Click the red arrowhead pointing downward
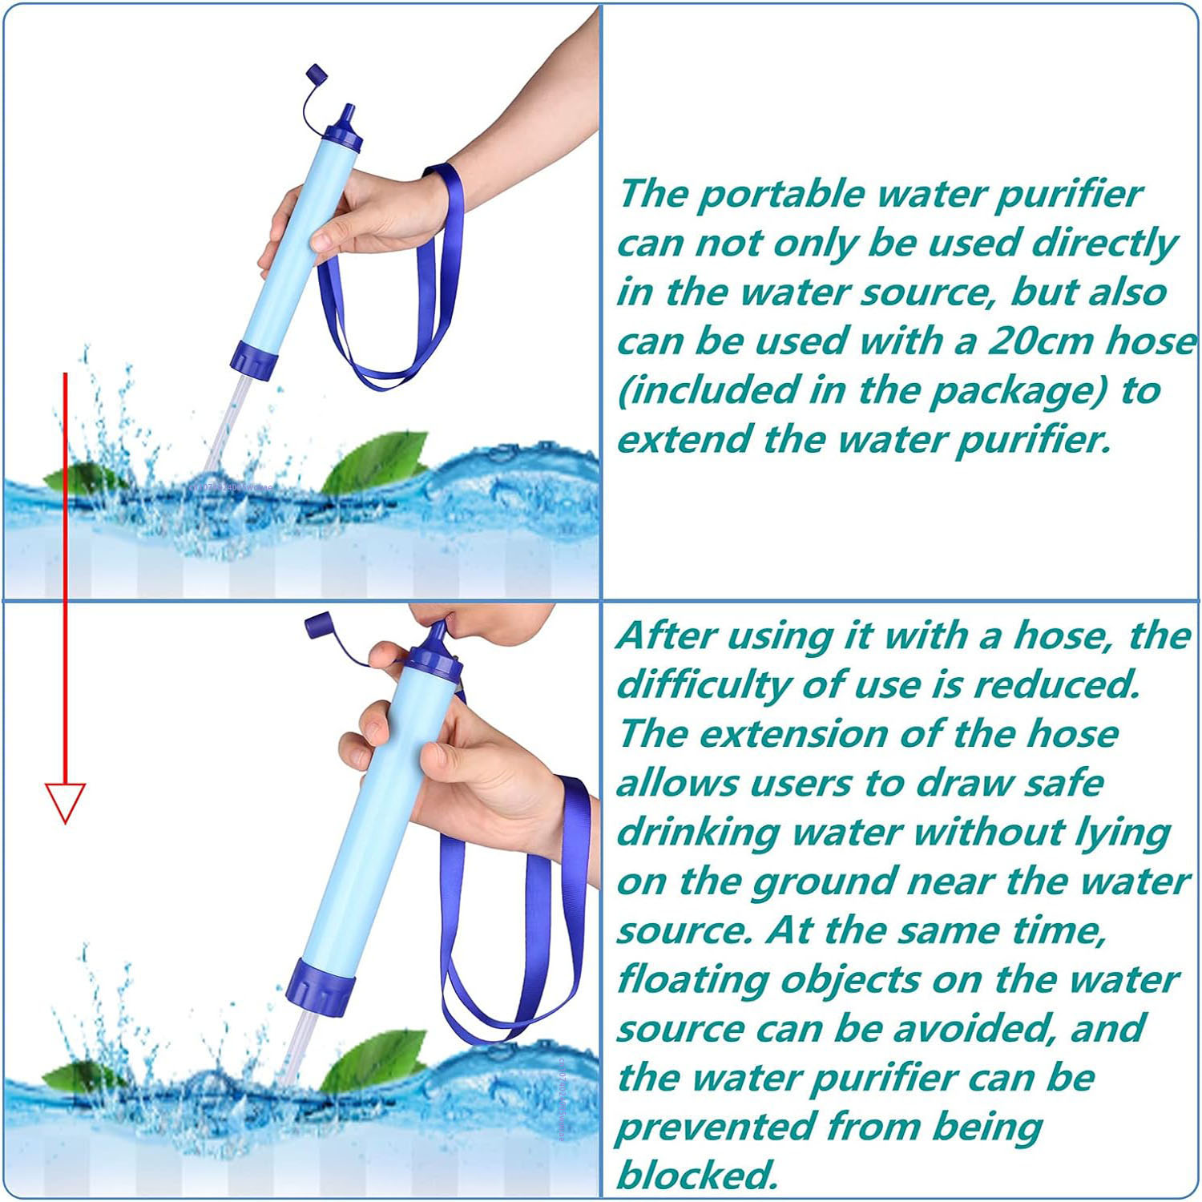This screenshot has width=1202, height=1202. (x=65, y=802)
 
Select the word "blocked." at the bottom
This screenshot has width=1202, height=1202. (x=697, y=1175)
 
